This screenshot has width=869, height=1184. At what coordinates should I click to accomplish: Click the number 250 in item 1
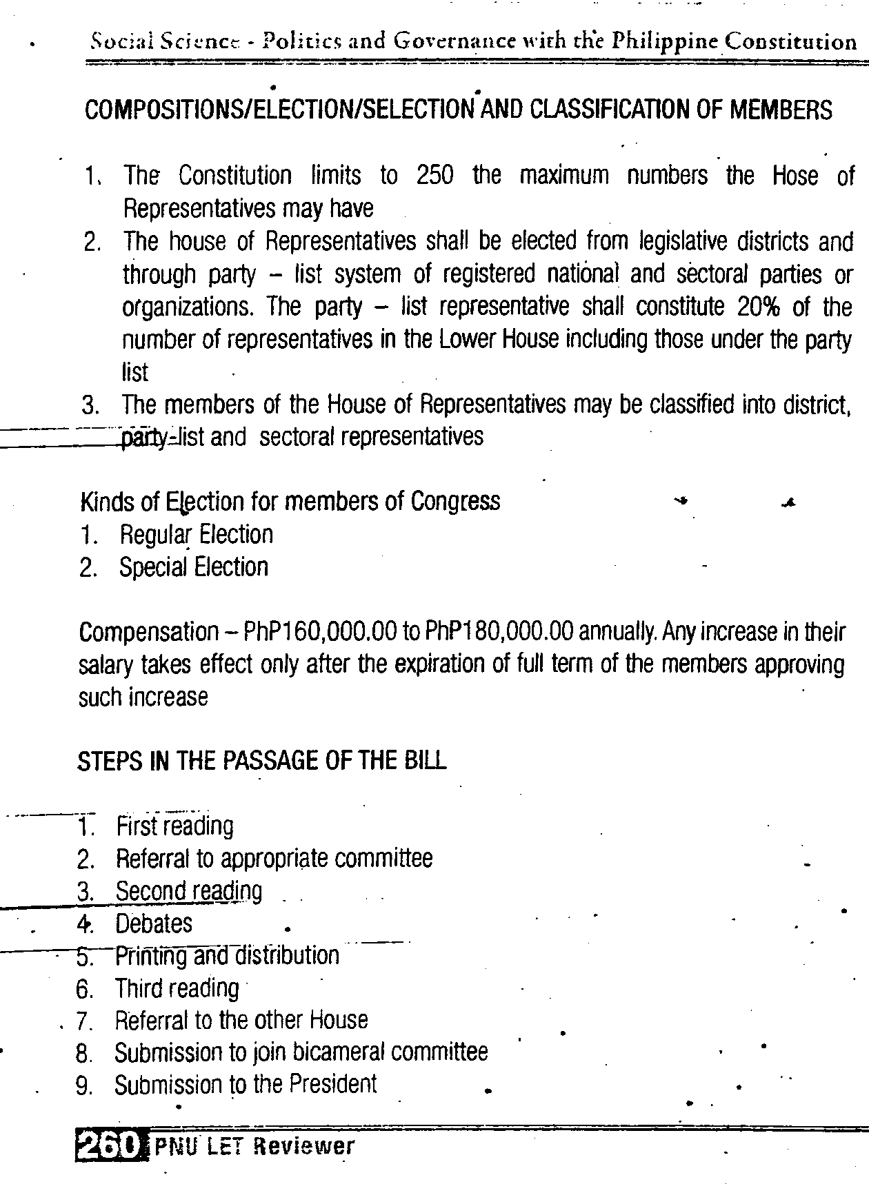[x=435, y=176]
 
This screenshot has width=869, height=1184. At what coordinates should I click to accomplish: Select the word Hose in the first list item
[x=795, y=176]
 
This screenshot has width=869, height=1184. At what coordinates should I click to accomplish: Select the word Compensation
[x=148, y=633]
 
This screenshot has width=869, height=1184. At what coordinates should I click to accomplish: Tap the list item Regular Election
[x=196, y=535]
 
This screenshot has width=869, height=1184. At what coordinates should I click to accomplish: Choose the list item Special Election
[x=193, y=567]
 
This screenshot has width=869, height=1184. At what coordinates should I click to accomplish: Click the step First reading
[x=174, y=826]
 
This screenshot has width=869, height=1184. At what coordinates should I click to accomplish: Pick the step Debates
[x=154, y=923]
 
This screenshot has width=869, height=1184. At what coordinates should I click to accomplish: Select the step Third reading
[x=177, y=988]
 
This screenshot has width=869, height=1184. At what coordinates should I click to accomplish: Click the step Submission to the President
[x=246, y=1085]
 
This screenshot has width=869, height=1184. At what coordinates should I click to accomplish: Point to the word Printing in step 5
[x=151, y=956]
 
